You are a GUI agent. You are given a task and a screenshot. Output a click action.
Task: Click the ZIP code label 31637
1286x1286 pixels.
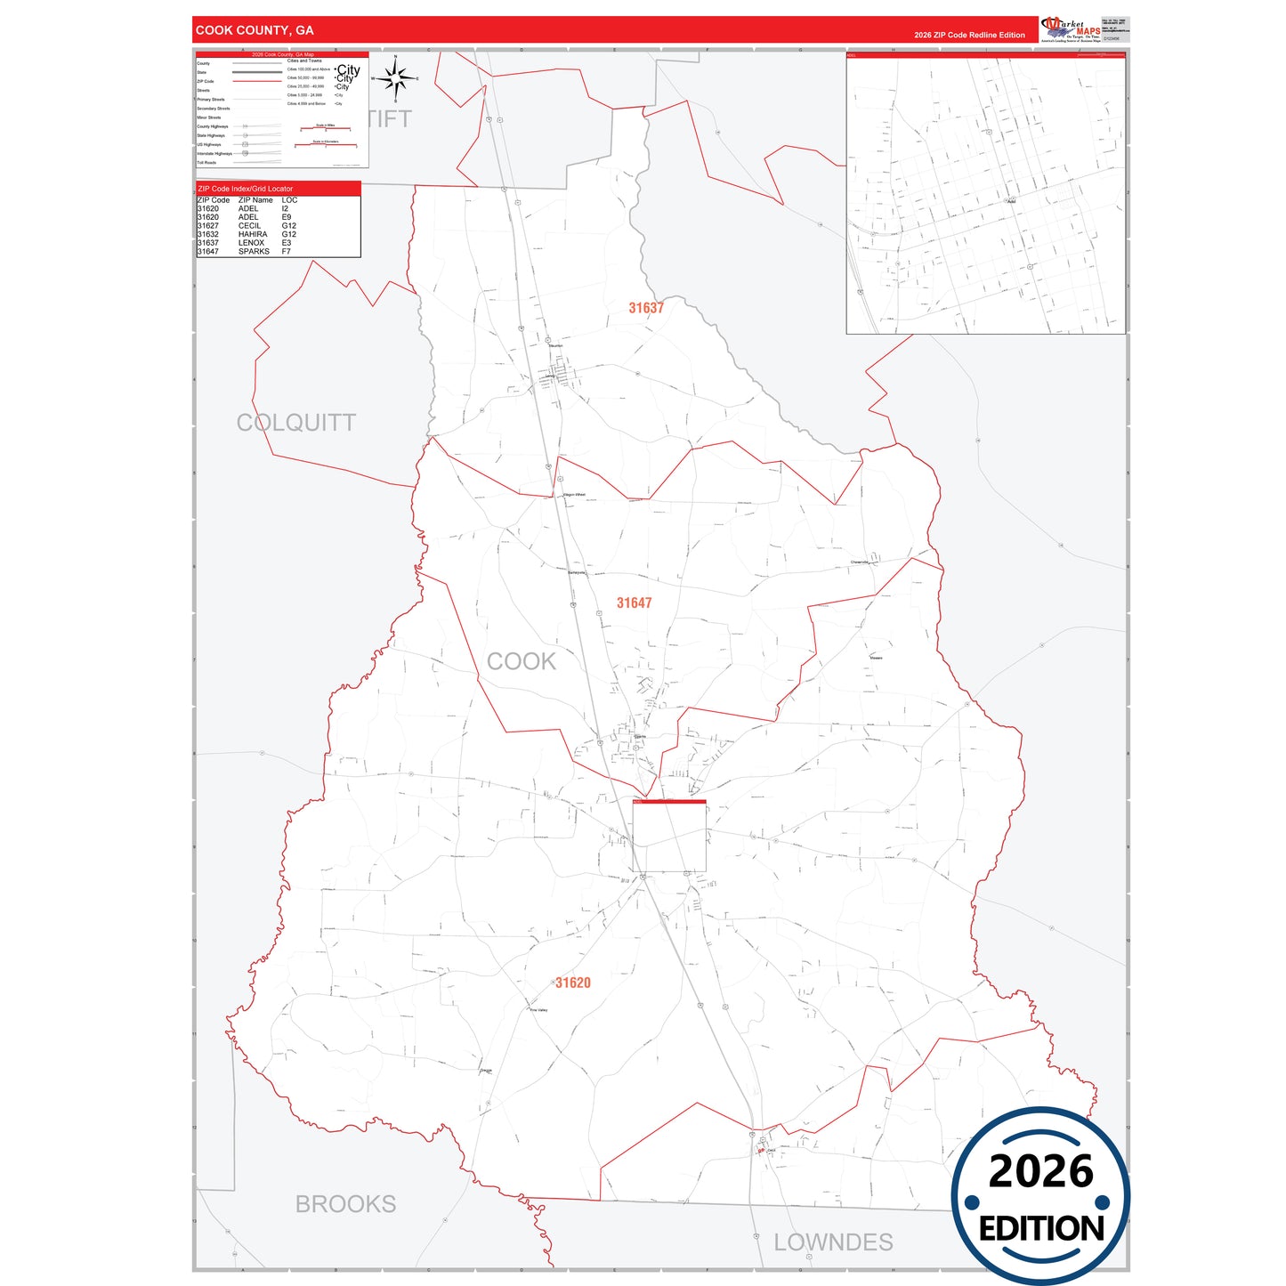[646, 308]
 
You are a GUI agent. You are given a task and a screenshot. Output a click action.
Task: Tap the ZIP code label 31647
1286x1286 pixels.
[635, 603]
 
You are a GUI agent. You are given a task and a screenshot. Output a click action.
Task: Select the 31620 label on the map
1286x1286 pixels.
[573, 983]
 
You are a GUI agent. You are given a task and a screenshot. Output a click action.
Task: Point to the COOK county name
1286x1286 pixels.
[522, 661]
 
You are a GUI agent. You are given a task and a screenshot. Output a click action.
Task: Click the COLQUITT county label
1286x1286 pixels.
[296, 423]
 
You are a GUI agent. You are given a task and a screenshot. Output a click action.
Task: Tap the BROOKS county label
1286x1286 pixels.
[345, 1204]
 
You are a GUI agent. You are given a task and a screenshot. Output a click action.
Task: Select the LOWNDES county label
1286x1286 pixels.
[833, 1242]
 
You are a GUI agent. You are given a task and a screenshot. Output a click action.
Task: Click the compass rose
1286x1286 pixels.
[395, 78]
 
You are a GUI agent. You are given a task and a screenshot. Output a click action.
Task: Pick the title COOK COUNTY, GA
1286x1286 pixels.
[255, 30]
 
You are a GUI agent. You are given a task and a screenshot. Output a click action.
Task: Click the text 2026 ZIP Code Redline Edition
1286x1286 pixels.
[969, 36]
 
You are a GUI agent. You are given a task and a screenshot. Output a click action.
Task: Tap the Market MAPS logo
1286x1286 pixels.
[1071, 29]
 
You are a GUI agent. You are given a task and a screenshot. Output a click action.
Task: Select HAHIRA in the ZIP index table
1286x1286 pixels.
[253, 234]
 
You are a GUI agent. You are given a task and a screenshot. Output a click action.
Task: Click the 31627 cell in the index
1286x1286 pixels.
[208, 226]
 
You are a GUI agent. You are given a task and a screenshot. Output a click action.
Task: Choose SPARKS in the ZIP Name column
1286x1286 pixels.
[254, 252]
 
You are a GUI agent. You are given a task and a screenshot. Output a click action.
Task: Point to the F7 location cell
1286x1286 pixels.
[287, 252]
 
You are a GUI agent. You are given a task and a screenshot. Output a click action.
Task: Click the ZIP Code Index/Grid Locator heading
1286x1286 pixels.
[246, 189]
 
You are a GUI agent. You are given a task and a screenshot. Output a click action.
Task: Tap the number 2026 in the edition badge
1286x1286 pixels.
[1040, 1171]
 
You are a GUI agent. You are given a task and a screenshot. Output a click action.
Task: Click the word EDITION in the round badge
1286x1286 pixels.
[1041, 1229]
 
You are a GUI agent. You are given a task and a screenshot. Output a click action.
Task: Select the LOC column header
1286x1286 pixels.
[289, 200]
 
